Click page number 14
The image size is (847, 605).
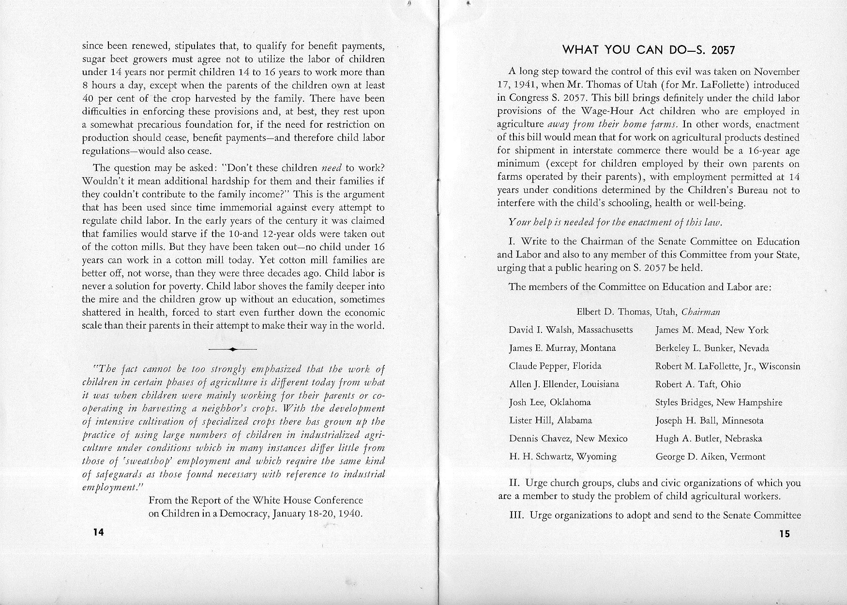(x=99, y=532)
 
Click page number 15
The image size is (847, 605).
(x=785, y=534)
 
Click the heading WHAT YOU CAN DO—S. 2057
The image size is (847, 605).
(x=649, y=50)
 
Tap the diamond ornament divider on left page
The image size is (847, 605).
(x=232, y=349)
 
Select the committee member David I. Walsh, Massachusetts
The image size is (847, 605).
(x=571, y=330)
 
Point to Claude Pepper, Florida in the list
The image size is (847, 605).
(x=555, y=366)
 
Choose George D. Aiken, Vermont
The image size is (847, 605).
(x=711, y=456)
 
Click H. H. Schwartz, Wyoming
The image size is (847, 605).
(x=563, y=456)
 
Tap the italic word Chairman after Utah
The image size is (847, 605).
(x=700, y=312)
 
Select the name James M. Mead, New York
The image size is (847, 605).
(x=711, y=330)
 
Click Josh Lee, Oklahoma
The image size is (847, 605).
(x=550, y=402)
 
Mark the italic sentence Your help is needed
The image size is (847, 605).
(x=615, y=223)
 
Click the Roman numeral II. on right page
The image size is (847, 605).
(x=514, y=483)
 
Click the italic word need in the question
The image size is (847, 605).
(x=332, y=168)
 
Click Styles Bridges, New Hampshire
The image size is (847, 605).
(x=719, y=402)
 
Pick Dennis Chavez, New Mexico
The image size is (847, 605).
(x=568, y=439)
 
